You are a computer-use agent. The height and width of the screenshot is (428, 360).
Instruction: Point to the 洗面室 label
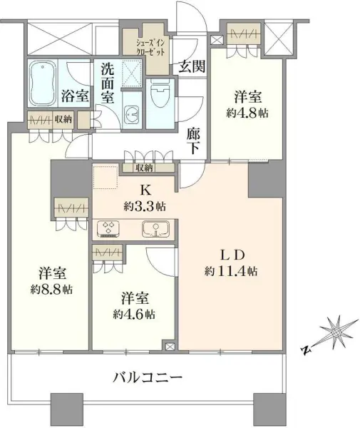click(x=107, y=84)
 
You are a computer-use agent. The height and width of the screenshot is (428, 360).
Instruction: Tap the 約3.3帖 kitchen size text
click(x=145, y=207)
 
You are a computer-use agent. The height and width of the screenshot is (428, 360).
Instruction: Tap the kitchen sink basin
click(x=155, y=229)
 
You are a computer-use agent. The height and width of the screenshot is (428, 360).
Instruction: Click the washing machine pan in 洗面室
click(x=130, y=72)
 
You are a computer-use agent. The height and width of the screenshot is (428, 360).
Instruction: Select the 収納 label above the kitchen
click(x=145, y=168)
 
